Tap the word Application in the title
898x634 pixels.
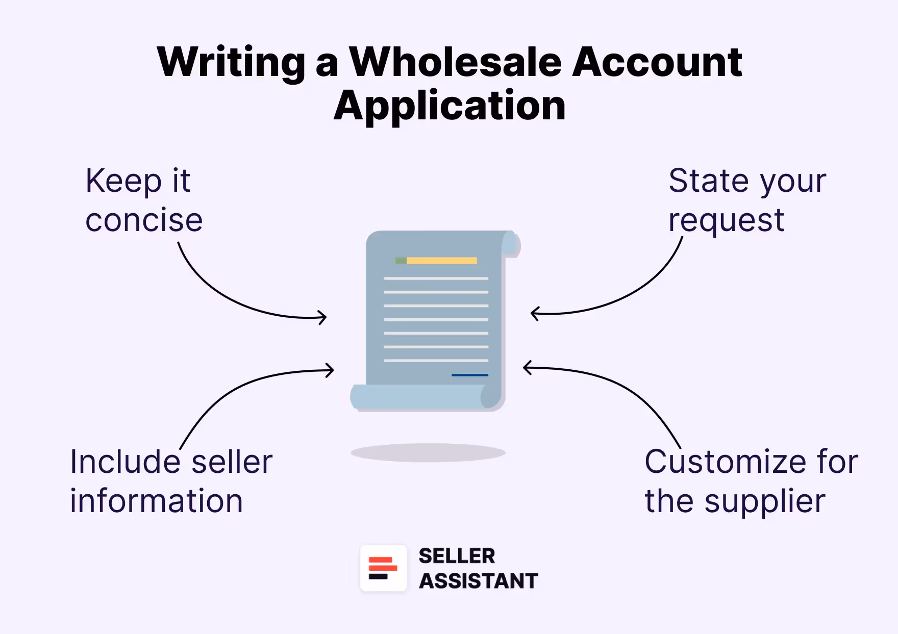[x=450, y=106]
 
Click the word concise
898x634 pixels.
[x=144, y=220]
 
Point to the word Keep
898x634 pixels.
[x=123, y=181]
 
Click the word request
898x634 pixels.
[x=726, y=221]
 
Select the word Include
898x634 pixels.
[x=126, y=462]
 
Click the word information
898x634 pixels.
[x=156, y=501]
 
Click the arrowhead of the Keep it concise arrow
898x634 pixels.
[x=323, y=318]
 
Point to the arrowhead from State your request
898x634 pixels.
[x=534, y=313]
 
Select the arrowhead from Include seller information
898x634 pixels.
[x=331, y=370]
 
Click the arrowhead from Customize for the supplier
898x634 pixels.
[x=527, y=367]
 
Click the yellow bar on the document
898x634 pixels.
[x=441, y=261]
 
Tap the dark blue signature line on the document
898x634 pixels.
[x=469, y=375]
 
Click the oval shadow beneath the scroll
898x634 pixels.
[x=428, y=452]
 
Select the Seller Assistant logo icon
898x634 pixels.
[x=383, y=568]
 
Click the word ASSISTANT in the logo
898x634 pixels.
[x=478, y=581]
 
